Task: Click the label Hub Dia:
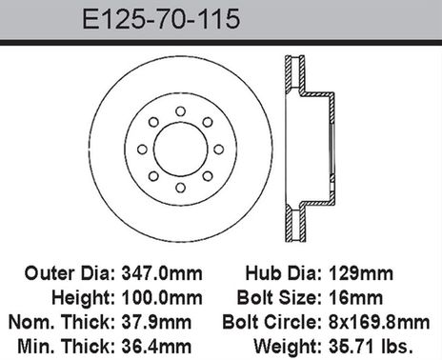click(284, 272)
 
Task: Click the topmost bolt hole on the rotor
click(179, 111)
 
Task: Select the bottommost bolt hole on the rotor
click(179, 188)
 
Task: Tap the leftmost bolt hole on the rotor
click(141, 150)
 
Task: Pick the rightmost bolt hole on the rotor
click(217, 150)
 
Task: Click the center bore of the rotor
click(179, 150)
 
